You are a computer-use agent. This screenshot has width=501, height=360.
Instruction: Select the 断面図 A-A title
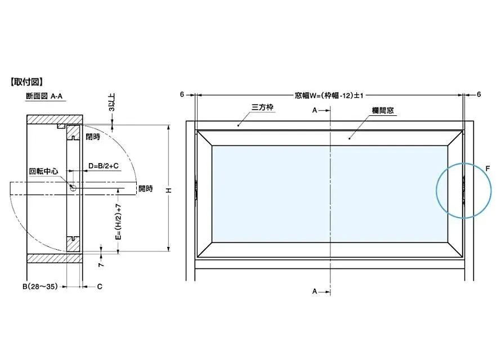(x=44, y=96)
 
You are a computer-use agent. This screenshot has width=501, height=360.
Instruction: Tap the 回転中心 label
(x=44, y=171)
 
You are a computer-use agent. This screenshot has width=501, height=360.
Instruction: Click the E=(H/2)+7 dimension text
(x=118, y=222)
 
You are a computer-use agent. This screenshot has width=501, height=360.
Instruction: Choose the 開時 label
(x=145, y=188)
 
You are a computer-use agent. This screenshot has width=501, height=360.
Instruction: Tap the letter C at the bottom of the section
(x=100, y=287)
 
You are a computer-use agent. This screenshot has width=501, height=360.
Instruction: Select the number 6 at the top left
(x=182, y=94)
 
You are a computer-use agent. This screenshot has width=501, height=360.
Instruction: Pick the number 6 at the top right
(x=478, y=94)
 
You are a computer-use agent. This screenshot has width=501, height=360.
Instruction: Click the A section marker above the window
(x=315, y=111)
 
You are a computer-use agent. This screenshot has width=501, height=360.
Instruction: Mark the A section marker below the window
(x=315, y=291)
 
